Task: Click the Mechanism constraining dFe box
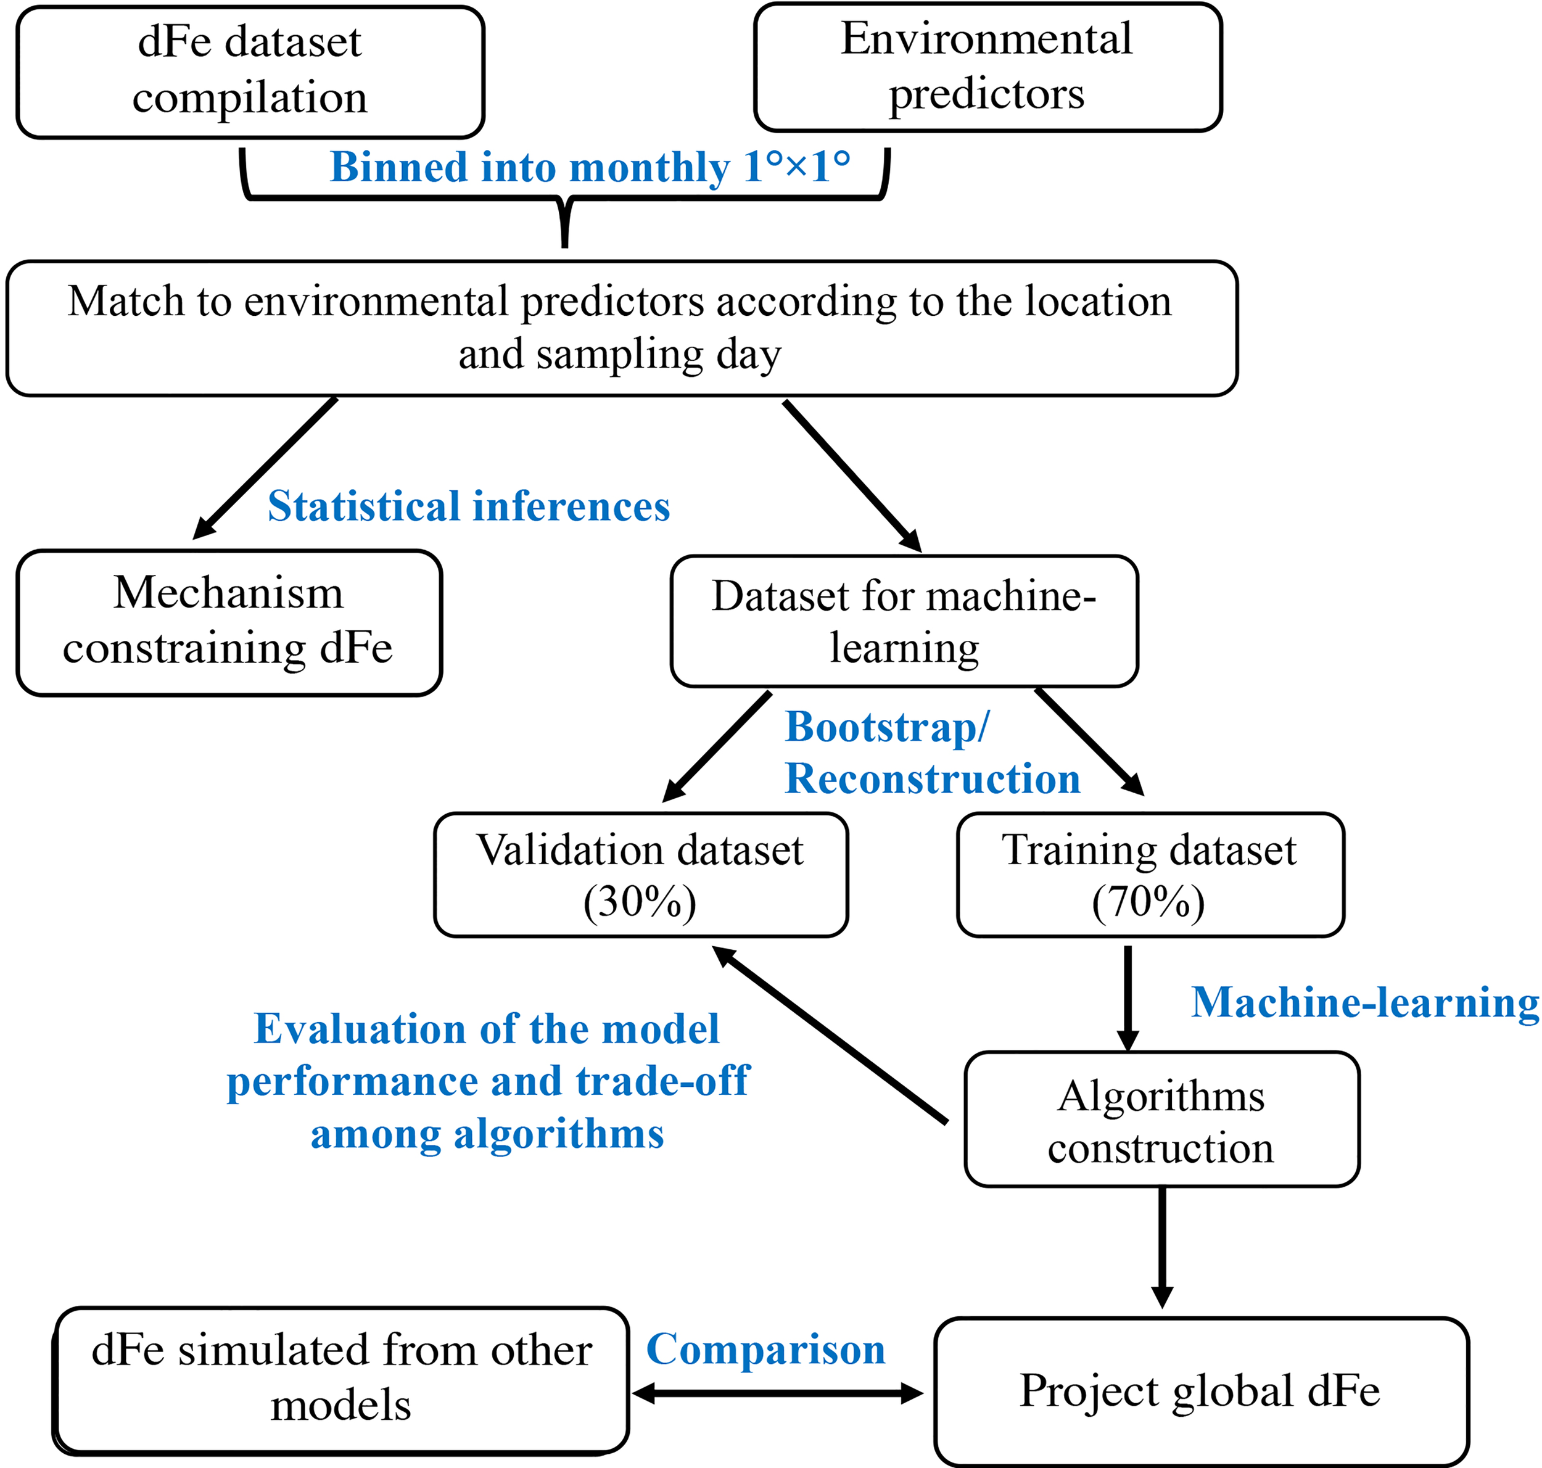228,622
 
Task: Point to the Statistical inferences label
469,506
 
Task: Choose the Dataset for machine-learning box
904,621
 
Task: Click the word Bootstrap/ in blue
887,727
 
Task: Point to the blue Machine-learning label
1364,1003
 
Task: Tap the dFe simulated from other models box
341,1379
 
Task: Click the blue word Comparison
765,1350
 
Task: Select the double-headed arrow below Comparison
778,1393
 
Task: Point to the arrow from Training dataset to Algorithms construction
1128,998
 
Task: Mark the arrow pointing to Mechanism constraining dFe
266,468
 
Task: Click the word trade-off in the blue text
662,1081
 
